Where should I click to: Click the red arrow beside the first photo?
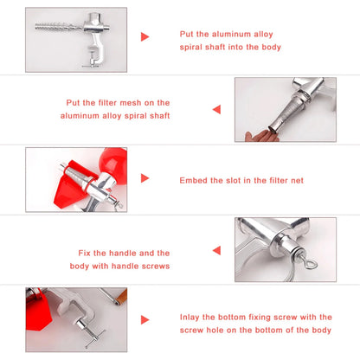tap(145, 37)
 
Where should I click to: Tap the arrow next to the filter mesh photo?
tap(216, 109)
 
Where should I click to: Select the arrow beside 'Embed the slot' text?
tap(145, 178)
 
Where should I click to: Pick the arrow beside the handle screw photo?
tap(216, 250)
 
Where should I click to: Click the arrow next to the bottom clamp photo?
tap(145, 320)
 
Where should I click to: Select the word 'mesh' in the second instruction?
tap(131, 103)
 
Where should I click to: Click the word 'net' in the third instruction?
tap(297, 181)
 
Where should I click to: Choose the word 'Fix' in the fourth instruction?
tap(84, 253)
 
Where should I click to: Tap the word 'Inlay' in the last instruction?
tap(190, 318)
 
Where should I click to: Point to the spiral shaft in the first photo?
tap(59, 28)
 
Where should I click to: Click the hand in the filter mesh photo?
tap(261, 136)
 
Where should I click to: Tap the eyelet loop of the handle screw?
tap(311, 264)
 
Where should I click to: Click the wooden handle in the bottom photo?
tap(121, 296)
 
